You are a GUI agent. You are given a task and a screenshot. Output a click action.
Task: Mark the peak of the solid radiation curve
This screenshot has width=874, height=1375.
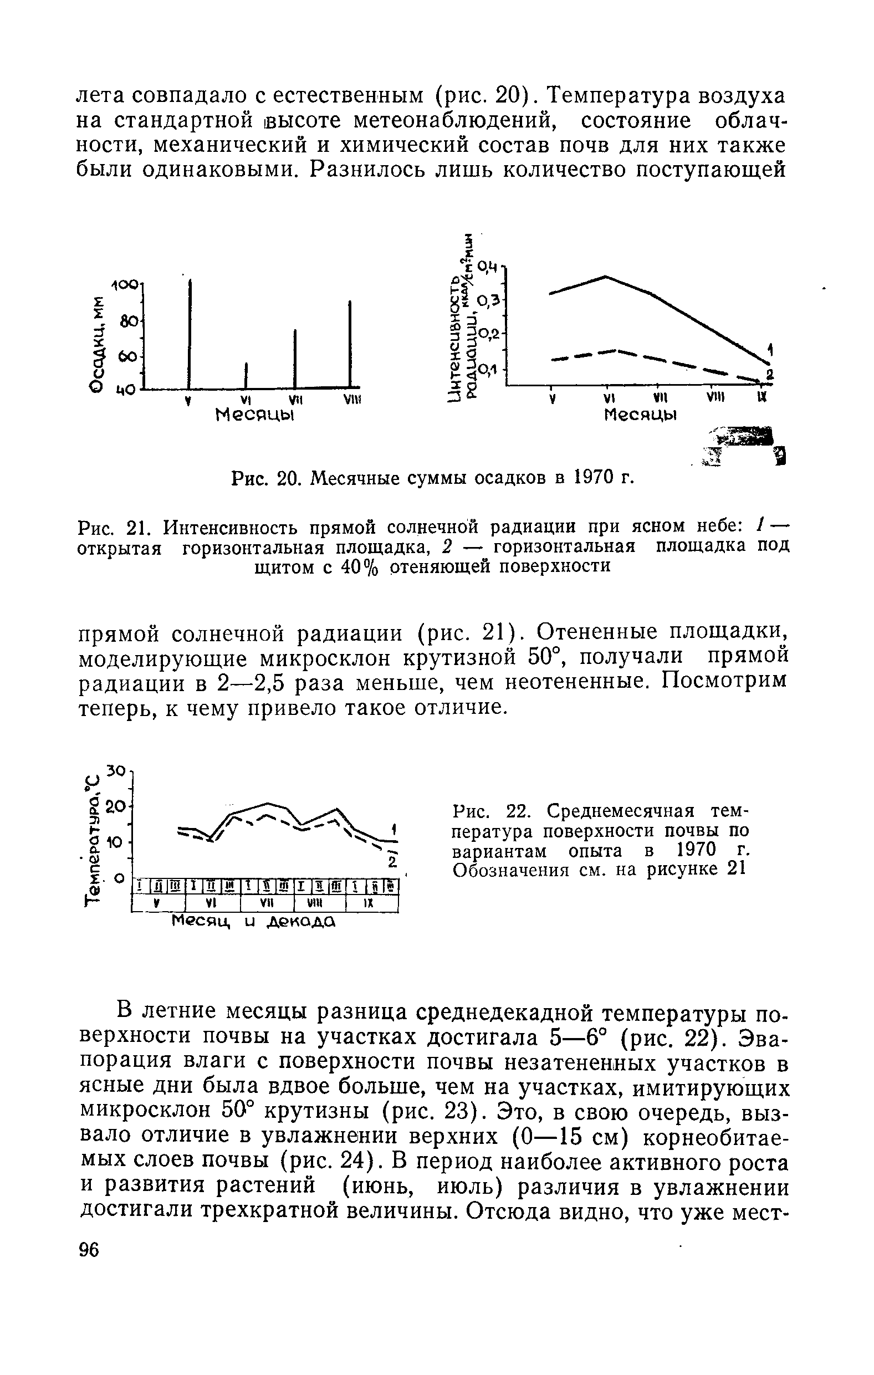[605, 277]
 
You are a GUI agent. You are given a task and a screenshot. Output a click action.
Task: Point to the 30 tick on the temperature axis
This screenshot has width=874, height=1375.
[116, 770]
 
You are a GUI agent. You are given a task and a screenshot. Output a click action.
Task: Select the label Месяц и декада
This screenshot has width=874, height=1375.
[253, 921]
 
